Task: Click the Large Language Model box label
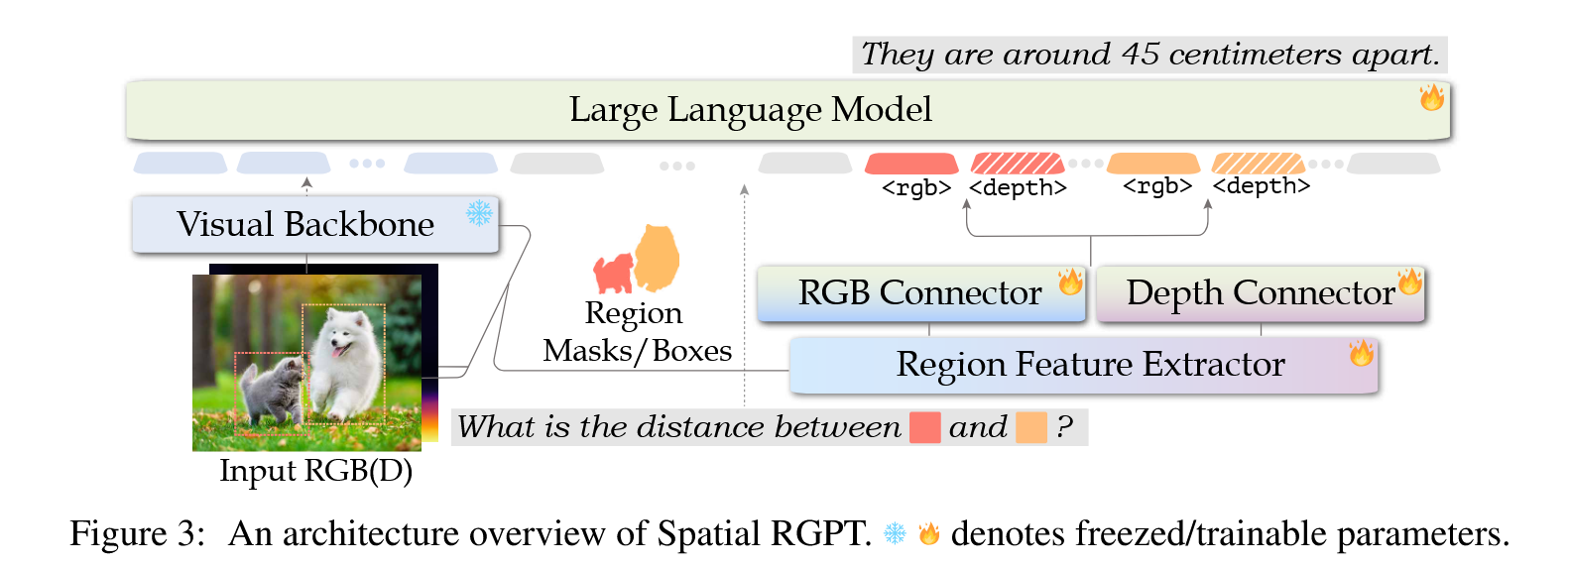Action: (750, 110)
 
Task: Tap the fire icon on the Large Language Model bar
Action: (1431, 97)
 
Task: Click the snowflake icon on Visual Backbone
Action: (479, 213)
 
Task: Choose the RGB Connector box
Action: (920, 293)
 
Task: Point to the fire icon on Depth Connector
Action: (1409, 283)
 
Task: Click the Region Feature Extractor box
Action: (1083, 365)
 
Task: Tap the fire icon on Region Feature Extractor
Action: (1361, 352)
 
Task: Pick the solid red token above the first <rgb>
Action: (911, 164)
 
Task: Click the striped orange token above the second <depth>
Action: (1258, 164)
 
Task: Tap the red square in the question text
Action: (924, 427)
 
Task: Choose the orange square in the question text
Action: (1031, 427)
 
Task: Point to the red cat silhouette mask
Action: (614, 273)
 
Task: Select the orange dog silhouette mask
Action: (658, 256)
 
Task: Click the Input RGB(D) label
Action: (315, 471)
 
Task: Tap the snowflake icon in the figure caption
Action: (895, 534)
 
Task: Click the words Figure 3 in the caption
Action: (136, 534)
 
